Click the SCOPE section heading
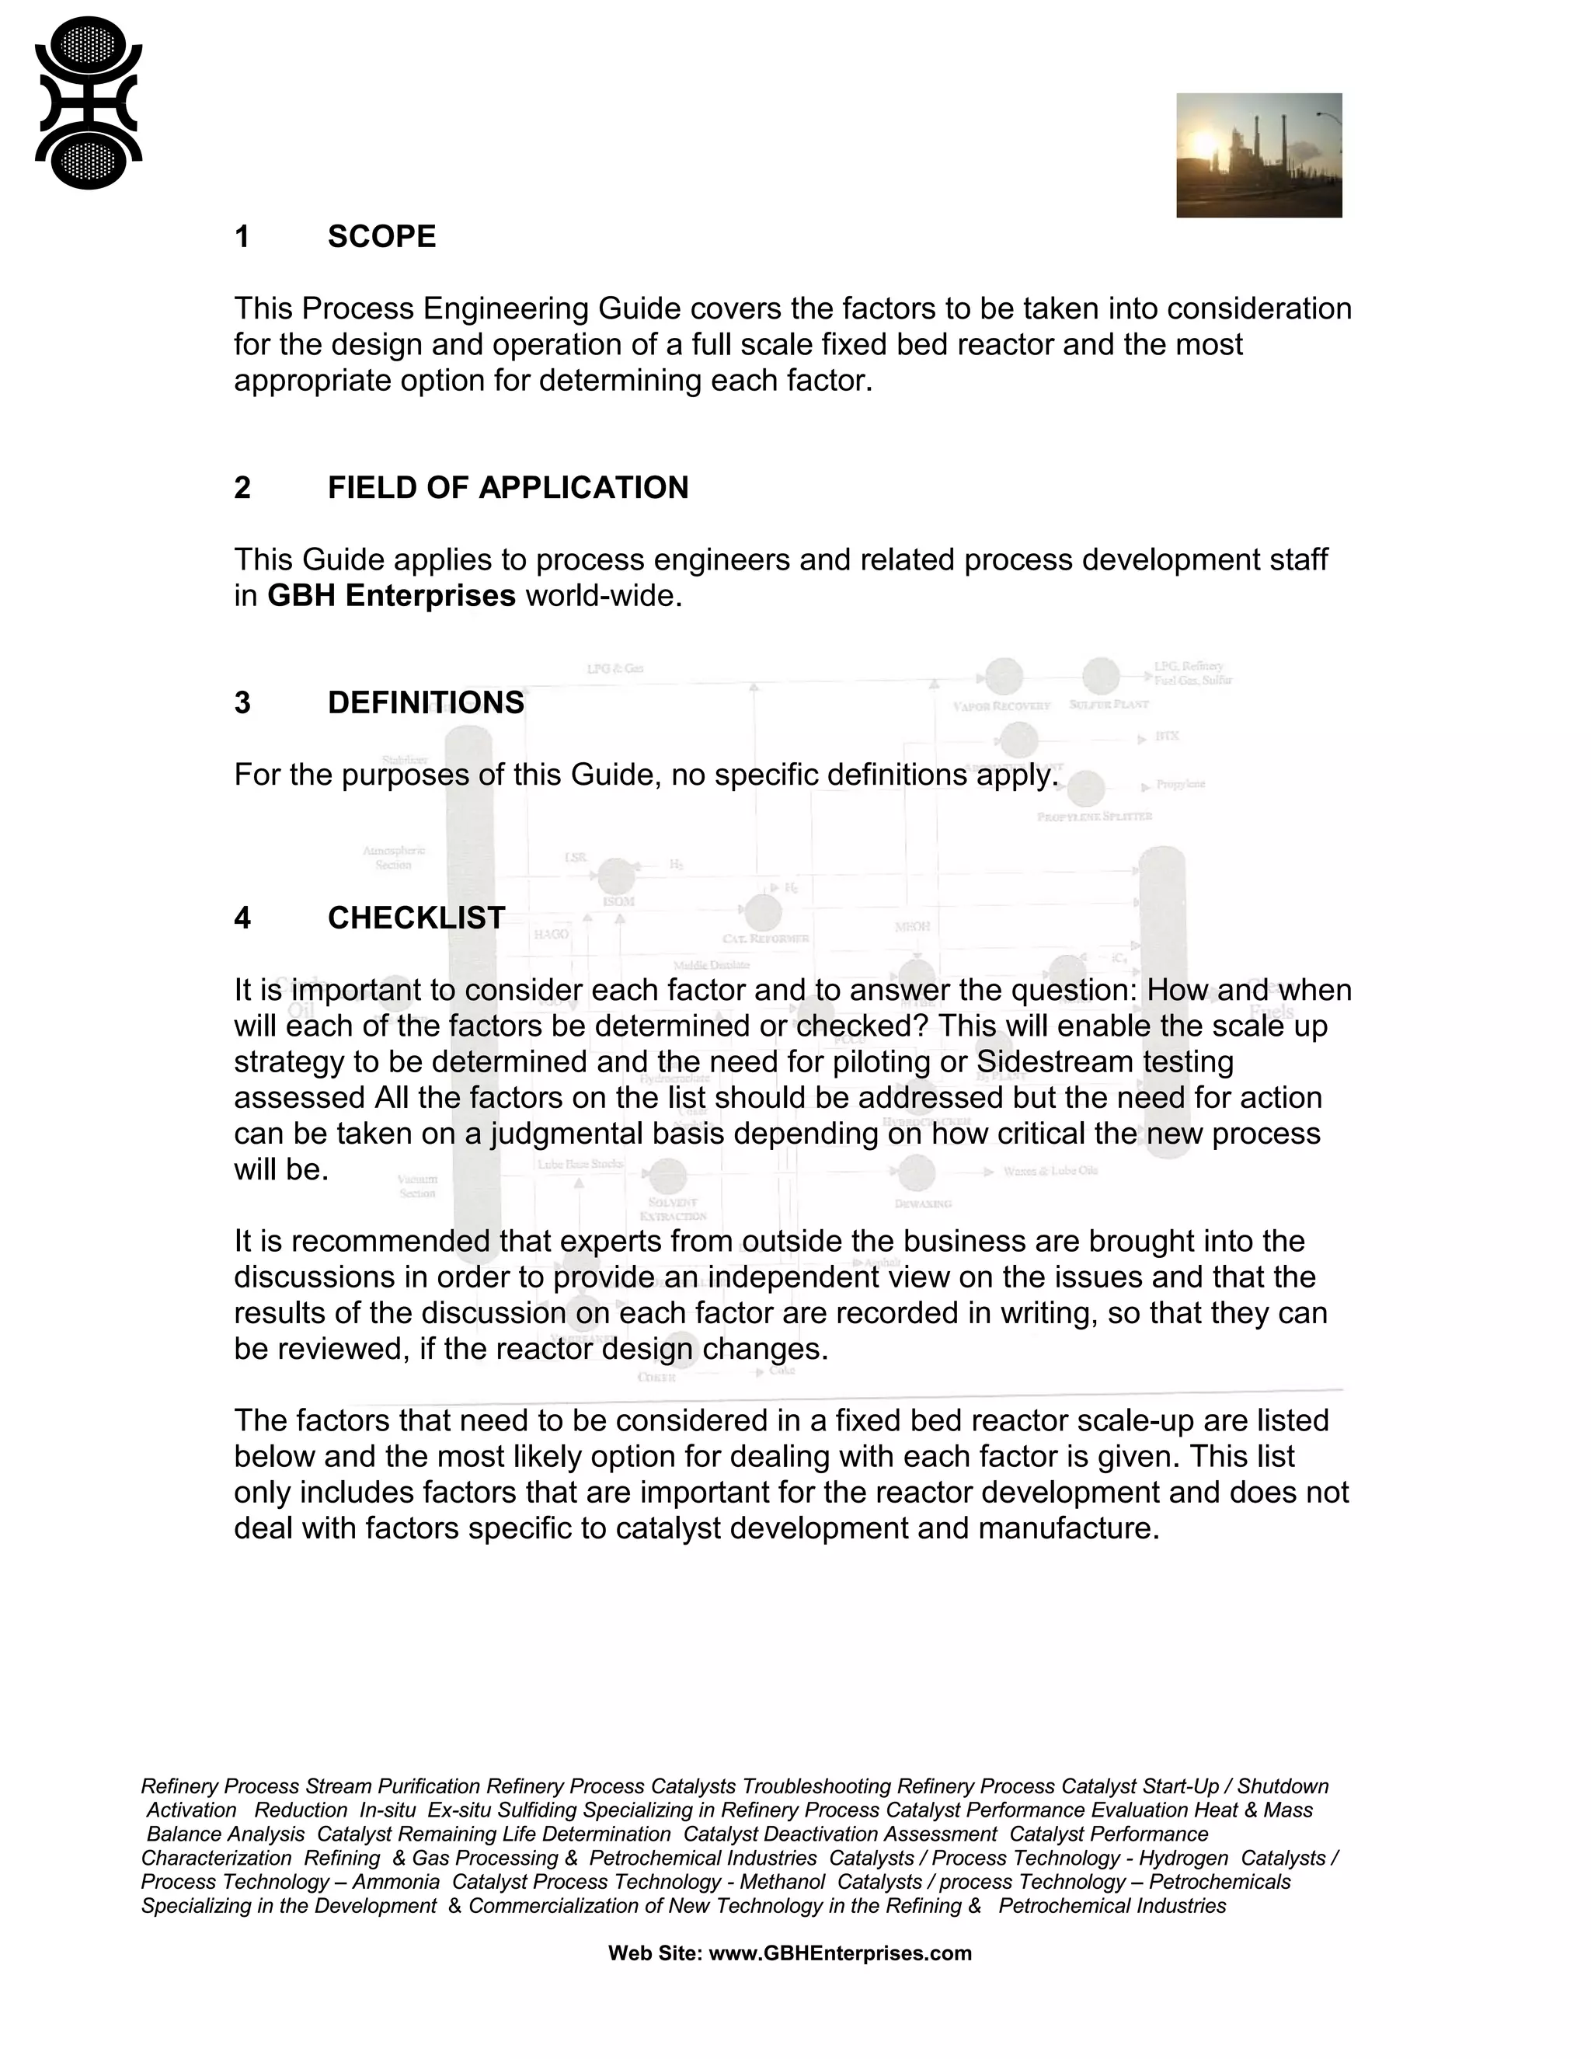point(381,237)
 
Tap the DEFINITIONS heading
point(425,702)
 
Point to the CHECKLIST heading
point(416,918)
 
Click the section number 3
point(242,702)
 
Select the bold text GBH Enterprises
point(392,596)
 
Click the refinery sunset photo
point(1259,155)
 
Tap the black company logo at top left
point(88,103)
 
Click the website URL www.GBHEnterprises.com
point(839,1953)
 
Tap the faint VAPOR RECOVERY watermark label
point(1001,705)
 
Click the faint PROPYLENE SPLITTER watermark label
point(1095,817)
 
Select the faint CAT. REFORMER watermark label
point(765,939)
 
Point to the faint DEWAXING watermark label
point(923,1204)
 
